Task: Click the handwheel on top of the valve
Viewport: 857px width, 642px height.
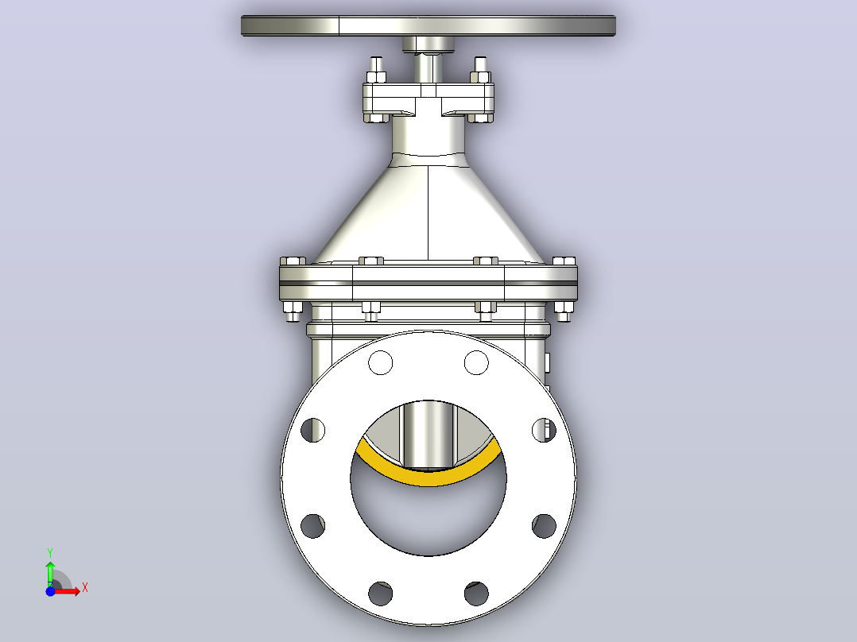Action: [428, 25]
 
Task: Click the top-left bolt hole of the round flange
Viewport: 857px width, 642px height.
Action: [380, 362]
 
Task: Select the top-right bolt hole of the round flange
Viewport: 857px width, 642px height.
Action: [476, 362]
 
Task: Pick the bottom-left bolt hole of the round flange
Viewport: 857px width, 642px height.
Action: [380, 594]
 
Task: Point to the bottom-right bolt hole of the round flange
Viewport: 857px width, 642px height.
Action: [476, 594]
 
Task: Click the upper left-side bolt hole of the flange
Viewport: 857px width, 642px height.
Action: [312, 430]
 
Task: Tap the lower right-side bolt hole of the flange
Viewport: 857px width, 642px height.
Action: [544, 526]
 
